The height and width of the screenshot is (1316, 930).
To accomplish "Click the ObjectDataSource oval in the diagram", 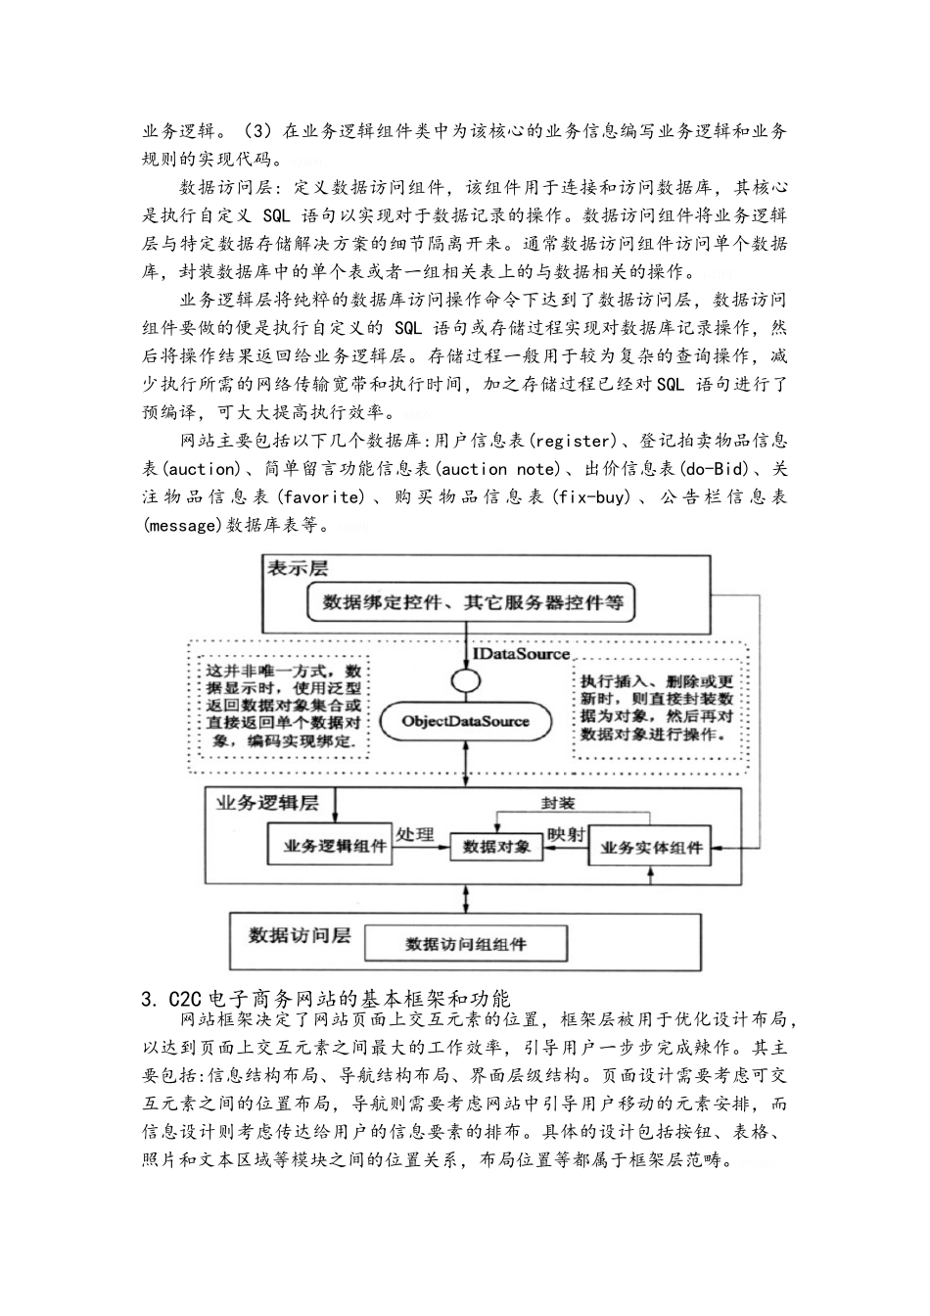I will (x=465, y=722).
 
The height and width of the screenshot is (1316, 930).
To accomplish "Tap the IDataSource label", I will (x=521, y=653).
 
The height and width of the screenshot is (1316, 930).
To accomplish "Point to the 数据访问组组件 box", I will (x=466, y=944).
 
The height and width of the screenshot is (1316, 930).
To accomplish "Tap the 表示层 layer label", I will (x=298, y=568).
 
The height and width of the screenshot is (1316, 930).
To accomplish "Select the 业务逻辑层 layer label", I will (x=266, y=804).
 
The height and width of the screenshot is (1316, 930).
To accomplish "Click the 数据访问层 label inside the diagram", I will (x=299, y=935).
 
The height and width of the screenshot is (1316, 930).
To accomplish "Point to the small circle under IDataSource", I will (x=465, y=680).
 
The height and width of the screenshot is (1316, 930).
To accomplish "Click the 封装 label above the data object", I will (x=558, y=803).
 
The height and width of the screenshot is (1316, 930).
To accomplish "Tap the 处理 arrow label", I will (x=415, y=834).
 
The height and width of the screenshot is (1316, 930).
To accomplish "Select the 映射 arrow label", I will (x=566, y=834).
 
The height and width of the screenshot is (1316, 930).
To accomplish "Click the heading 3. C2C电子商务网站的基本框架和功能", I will (x=326, y=999).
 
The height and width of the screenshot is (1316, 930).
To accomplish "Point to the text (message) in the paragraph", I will (x=182, y=525).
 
